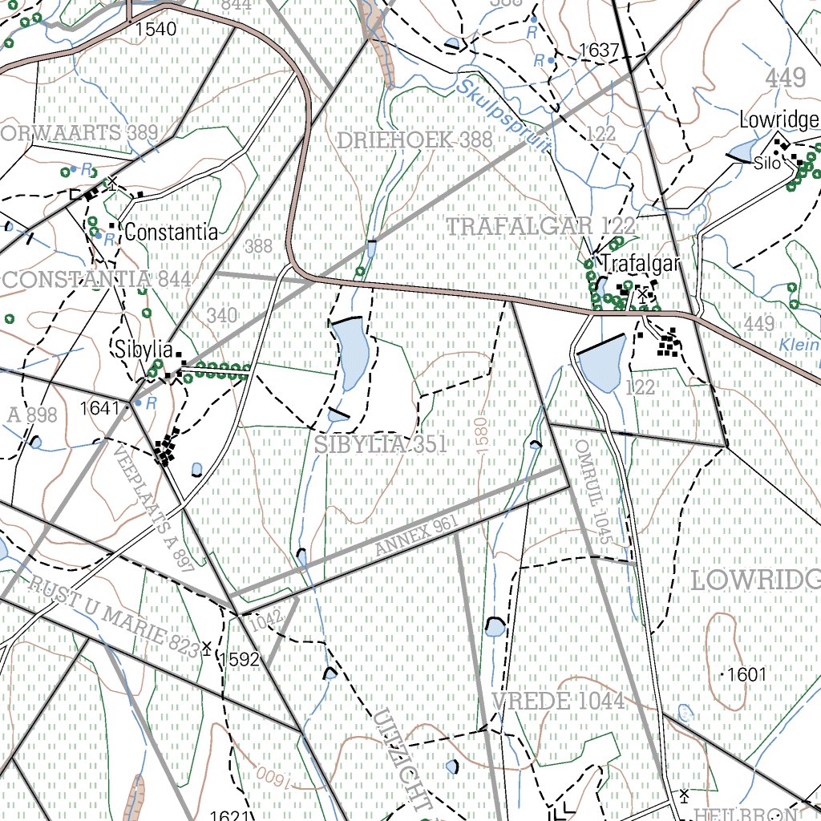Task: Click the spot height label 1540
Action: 156,30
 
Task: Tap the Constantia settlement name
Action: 172,233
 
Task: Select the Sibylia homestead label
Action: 144,350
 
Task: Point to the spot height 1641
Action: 99,409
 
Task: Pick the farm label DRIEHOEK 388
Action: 415,140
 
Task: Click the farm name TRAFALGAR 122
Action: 540,227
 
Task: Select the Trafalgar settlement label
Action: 640,264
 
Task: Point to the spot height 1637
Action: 600,51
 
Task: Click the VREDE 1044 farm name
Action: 558,701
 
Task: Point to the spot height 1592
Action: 244,660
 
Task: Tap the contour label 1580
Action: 481,437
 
